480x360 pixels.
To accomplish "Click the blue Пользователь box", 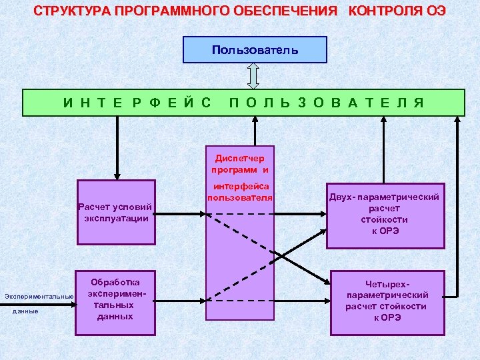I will pos(255,50).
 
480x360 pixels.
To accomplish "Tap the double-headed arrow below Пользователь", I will pos(253,76).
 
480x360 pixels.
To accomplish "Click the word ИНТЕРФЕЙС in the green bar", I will pos(137,103).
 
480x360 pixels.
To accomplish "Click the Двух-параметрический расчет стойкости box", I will pos(385,214).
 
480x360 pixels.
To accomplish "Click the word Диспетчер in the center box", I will pos(239,159).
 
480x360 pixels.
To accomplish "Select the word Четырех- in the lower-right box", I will pos(387,284).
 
